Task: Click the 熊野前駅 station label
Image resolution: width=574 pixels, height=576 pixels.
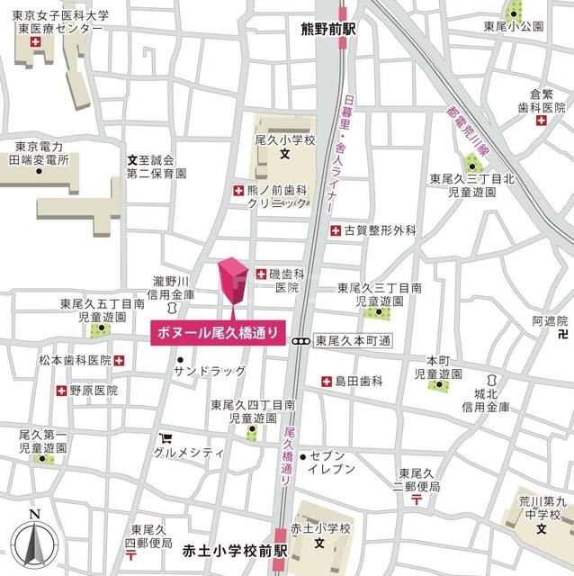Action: (329, 29)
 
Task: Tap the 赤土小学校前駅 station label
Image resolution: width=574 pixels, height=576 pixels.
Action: (233, 549)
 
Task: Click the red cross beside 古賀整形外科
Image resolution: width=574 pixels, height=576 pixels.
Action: (335, 230)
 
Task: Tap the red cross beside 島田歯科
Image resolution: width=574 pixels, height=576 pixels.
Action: (326, 382)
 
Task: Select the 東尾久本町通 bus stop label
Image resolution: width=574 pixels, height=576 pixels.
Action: (354, 341)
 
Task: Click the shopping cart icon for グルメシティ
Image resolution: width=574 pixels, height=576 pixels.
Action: (166, 440)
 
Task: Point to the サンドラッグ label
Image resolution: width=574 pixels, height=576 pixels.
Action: (210, 371)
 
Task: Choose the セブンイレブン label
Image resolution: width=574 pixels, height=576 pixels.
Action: (334, 463)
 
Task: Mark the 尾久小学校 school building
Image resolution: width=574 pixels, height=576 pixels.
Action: (282, 144)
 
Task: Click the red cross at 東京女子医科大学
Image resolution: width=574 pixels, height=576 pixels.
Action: (35, 44)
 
